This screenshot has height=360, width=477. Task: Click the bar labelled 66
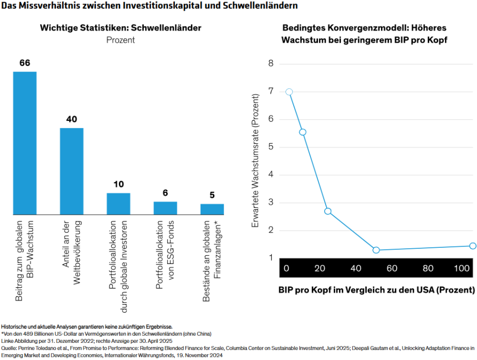[x=24, y=143]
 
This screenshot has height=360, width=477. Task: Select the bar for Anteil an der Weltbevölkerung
[x=72, y=171]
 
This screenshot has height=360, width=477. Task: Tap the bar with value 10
[x=118, y=204]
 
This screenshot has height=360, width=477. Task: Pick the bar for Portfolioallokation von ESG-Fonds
[x=165, y=208]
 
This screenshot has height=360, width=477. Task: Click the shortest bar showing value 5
[x=212, y=209]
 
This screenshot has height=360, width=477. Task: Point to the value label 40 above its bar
[x=72, y=119]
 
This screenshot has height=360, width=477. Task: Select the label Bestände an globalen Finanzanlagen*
[x=212, y=261]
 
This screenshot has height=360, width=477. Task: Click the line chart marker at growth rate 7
[x=289, y=92]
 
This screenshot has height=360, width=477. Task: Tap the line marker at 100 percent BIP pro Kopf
[x=472, y=246]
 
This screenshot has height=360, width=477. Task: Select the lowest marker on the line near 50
[x=376, y=250]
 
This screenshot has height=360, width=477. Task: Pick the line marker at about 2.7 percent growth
[x=328, y=211]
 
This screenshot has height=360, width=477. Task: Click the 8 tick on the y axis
[x=271, y=64]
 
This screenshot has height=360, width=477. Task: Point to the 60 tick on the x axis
[x=391, y=268]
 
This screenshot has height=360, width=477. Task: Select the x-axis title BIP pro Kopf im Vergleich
[x=376, y=290]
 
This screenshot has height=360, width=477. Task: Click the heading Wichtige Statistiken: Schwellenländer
[x=120, y=28]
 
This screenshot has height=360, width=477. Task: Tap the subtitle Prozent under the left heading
[x=120, y=40]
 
